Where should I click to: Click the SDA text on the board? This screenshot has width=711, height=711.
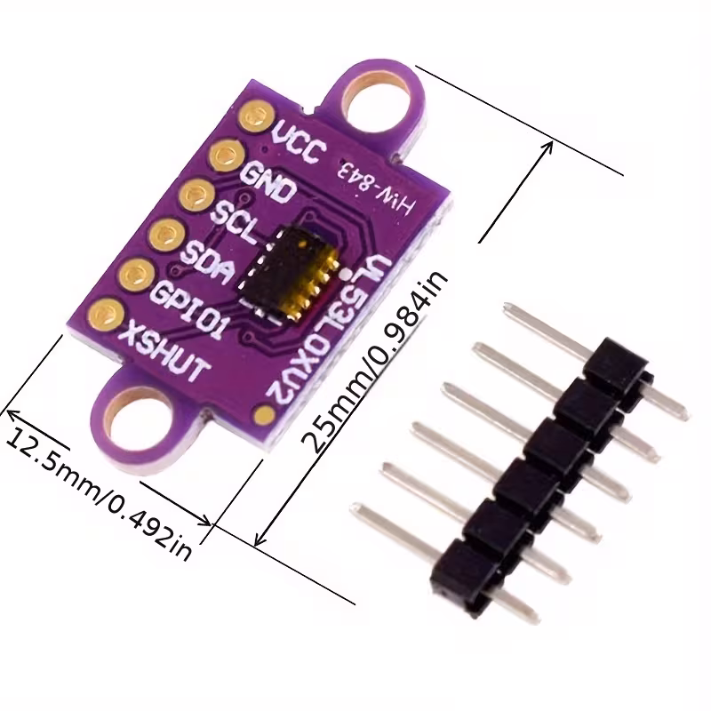[207, 262]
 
